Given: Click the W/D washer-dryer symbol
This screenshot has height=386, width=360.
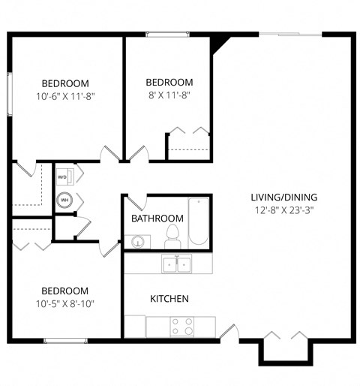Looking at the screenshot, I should [63, 177].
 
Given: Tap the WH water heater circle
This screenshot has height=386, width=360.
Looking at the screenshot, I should [64, 201].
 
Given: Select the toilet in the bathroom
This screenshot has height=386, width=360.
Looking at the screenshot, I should [172, 236].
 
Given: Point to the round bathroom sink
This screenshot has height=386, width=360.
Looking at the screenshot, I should [137, 242].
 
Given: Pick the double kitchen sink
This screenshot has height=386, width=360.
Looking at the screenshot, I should [177, 264].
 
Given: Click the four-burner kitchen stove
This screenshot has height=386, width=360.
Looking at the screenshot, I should [181, 327].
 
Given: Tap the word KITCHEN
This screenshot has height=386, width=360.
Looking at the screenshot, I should [169, 299].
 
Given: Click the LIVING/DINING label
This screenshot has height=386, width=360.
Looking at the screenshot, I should [282, 198].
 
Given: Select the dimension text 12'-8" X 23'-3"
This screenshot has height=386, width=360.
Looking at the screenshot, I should [282, 210].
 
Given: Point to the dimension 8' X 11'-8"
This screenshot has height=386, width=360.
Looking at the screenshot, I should [169, 95].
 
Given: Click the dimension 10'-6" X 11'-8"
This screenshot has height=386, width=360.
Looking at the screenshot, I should [65, 96].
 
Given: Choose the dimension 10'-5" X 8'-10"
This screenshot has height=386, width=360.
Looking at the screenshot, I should [65, 303].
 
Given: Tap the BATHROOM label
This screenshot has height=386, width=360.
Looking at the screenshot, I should [153, 219].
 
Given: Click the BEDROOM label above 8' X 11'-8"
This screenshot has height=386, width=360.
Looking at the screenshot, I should [169, 83].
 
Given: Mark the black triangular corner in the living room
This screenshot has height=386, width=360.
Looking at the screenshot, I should [218, 41].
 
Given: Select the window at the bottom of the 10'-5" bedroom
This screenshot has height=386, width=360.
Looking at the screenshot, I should [66, 341].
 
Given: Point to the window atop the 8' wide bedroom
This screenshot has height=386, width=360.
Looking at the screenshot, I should [167, 34].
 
